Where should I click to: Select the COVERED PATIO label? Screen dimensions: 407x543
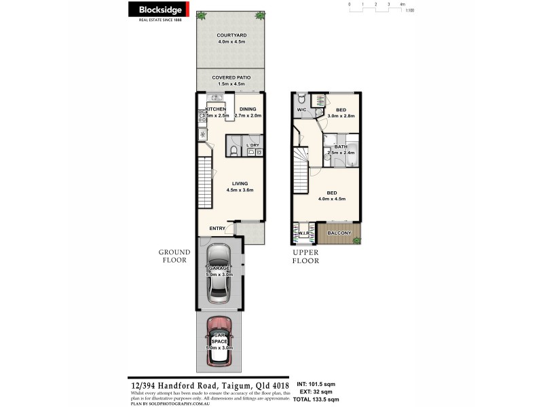pos(231,77)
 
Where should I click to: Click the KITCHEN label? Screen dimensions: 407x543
pos(216,109)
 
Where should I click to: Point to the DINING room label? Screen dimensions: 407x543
pos(248,109)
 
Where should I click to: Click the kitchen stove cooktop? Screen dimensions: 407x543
pos(203,116)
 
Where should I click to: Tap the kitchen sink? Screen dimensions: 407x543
pos(203,135)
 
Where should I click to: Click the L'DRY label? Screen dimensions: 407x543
pos(252,145)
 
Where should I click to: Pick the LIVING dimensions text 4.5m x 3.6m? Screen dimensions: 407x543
pos(240,190)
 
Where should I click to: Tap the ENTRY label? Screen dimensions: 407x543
pos(217,228)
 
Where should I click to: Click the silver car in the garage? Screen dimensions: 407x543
pos(219,271)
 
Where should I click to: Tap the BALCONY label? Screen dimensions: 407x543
pos(339,233)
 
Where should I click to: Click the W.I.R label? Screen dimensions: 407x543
pos(303,233)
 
